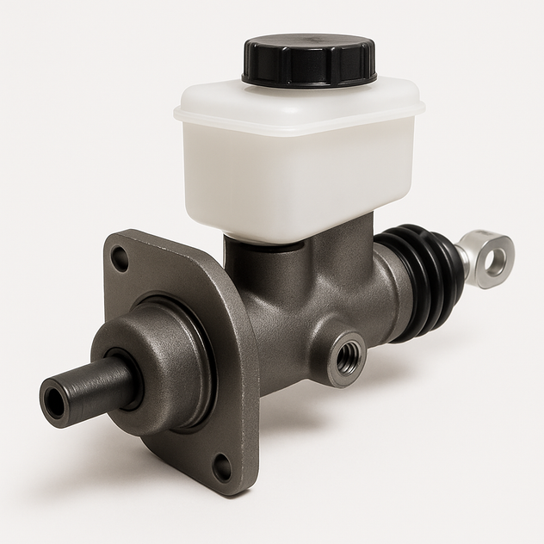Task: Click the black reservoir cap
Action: coord(309,60)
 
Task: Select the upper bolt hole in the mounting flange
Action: coord(121,257)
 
